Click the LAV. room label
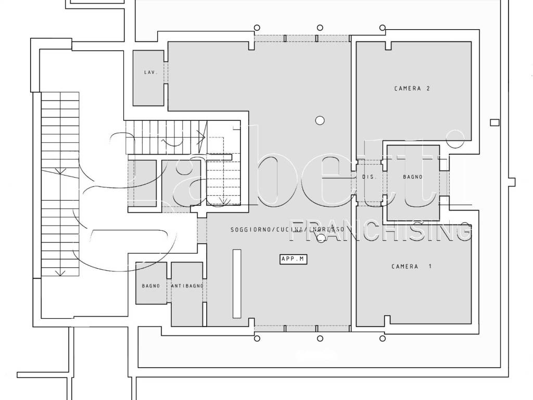pyautogui.click(x=150, y=72)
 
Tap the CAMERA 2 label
pyautogui.click(x=412, y=89)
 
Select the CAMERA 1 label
pyautogui.click(x=411, y=266)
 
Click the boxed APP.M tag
pyautogui.click(x=293, y=259)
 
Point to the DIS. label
pyautogui.click(x=370, y=177)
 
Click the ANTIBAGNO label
pyautogui.click(x=187, y=286)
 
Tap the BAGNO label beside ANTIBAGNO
pyautogui.click(x=151, y=286)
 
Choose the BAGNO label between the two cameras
pyautogui.click(x=413, y=177)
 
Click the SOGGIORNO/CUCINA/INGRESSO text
pyautogui.click(x=287, y=230)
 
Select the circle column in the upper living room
pyautogui.click(x=320, y=120)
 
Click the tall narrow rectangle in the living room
pyautogui.click(x=237, y=284)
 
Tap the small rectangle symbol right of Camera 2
pyautogui.click(x=494, y=122)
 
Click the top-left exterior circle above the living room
pyautogui.click(x=257, y=28)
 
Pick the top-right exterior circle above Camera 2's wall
pyautogui.click(x=383, y=28)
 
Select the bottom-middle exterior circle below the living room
pyautogui.click(x=320, y=339)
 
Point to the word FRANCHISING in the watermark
pyautogui.click(x=379, y=231)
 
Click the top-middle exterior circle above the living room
pyautogui.click(x=320, y=28)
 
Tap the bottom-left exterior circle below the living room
pyautogui.click(x=257, y=339)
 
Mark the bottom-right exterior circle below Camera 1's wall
pyautogui.click(x=383, y=339)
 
